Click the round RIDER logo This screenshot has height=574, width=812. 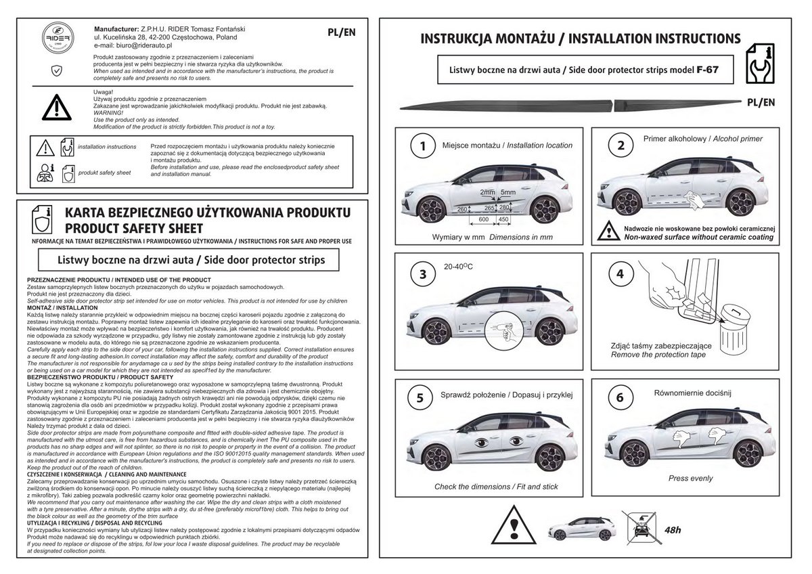(58, 38)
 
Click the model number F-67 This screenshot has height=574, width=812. (707, 70)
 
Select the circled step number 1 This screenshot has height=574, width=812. (423, 146)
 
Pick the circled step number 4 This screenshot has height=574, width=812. (621, 273)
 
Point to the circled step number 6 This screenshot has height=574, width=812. (621, 397)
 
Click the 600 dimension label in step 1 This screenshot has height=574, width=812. (484, 219)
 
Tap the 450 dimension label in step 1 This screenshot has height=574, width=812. (503, 219)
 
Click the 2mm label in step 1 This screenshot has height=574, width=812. (487, 192)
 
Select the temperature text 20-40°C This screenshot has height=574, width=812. (458, 267)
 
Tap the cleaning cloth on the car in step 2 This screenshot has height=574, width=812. (695, 200)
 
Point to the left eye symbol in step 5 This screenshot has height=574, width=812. (482, 443)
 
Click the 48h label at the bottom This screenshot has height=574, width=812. (673, 530)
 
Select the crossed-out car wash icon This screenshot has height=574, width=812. (641, 527)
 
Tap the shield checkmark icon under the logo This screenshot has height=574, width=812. (57, 70)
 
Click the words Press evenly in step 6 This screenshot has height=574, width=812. (691, 479)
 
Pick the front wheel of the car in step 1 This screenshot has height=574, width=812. (432, 211)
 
